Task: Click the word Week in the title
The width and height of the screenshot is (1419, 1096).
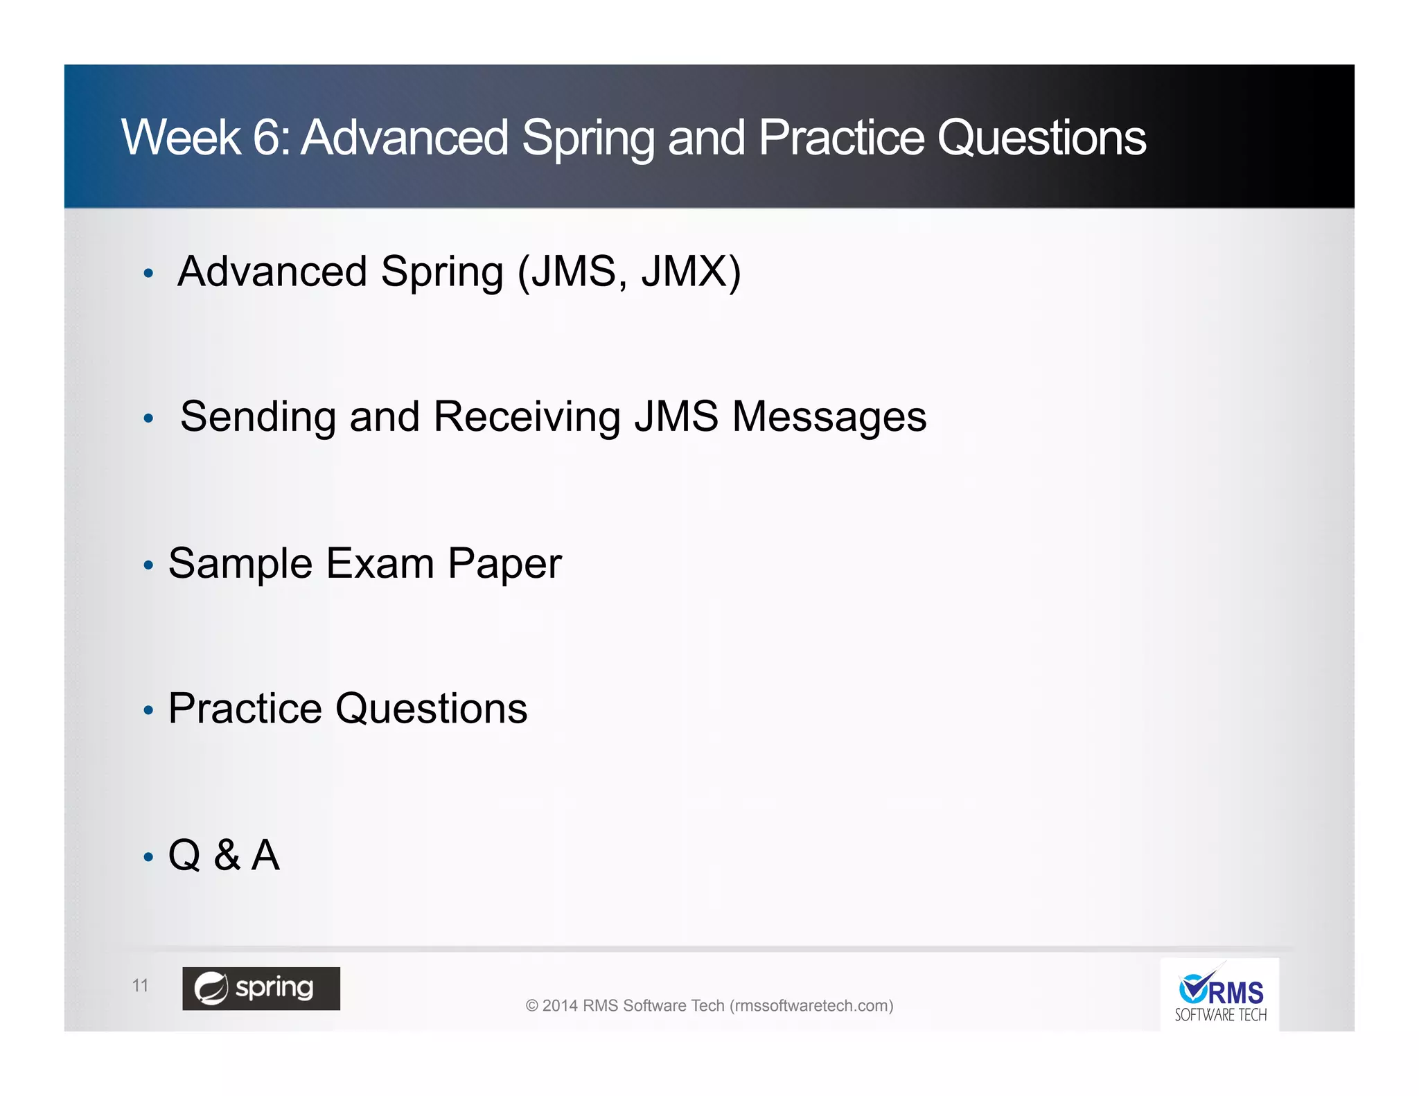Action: pyautogui.click(x=181, y=137)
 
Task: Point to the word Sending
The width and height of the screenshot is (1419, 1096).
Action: pyautogui.click(x=258, y=417)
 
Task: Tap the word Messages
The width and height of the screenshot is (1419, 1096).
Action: pyautogui.click(x=829, y=417)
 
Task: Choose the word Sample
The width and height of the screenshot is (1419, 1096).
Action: pyautogui.click(x=240, y=563)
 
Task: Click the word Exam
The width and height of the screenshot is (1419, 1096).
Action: pyautogui.click(x=380, y=563)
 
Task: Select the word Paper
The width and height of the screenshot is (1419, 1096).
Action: pyautogui.click(x=504, y=563)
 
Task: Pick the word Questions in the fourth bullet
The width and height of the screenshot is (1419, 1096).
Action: pyautogui.click(x=431, y=709)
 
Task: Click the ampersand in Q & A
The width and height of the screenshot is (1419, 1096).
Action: pyautogui.click(x=227, y=855)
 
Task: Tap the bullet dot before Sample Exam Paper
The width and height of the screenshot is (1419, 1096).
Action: pyautogui.click(x=148, y=566)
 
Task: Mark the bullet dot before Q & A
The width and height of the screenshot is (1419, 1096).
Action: pyautogui.click(x=148, y=858)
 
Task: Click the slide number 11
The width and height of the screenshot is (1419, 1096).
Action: pyautogui.click(x=140, y=986)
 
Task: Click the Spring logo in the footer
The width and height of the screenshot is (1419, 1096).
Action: pyautogui.click(x=261, y=989)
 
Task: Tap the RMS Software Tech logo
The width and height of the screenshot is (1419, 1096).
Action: pyautogui.click(x=1220, y=996)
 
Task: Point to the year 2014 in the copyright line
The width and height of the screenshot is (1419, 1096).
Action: pyautogui.click(x=560, y=1005)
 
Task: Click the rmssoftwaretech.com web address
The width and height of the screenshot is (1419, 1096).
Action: pyautogui.click(x=811, y=1005)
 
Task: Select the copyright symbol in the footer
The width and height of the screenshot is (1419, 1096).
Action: pyautogui.click(x=531, y=1006)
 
